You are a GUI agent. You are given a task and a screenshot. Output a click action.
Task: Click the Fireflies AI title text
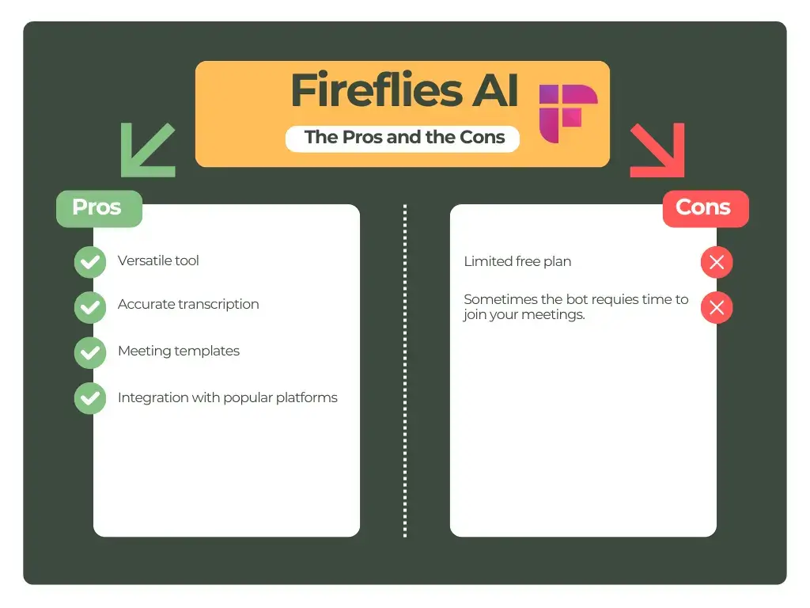404,91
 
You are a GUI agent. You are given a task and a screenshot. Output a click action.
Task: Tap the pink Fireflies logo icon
567,113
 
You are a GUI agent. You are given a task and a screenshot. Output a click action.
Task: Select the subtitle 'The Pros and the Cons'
404,137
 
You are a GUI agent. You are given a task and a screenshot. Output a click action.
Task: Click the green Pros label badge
97,207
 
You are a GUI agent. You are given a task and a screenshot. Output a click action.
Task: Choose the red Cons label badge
704,208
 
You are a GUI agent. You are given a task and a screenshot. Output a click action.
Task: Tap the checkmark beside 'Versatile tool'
90,262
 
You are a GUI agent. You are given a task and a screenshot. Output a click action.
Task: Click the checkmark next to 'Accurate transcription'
90,307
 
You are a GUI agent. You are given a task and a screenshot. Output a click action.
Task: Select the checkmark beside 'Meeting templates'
90,352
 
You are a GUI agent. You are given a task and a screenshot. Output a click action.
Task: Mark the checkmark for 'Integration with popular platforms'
90,398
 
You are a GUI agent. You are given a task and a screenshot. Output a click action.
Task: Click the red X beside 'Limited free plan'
717,263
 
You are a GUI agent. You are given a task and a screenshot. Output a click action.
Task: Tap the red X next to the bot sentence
717,308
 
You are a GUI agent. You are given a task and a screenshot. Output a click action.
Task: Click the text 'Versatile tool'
158,260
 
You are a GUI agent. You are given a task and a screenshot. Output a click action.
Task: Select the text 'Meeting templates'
179,351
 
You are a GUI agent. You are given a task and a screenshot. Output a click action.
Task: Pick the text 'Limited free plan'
517,261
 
